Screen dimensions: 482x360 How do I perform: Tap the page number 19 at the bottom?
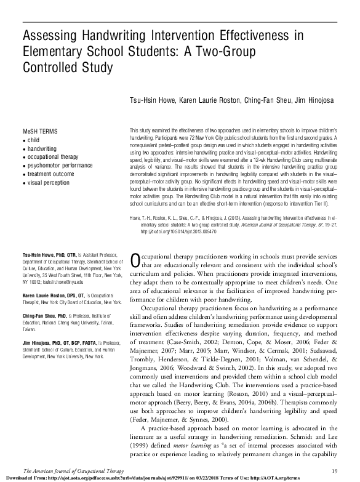349,470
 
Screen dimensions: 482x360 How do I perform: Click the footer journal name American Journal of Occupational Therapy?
61,470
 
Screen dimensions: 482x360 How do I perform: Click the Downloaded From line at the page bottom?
154,478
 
